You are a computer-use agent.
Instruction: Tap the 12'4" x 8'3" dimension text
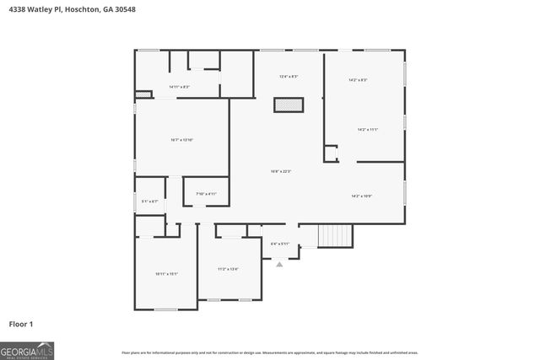[x=289, y=77]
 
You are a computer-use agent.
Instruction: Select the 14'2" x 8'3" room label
[x=358, y=80]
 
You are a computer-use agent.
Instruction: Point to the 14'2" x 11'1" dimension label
[x=367, y=129]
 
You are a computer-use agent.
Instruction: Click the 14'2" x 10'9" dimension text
[x=362, y=196]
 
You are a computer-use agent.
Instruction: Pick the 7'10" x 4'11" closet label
[x=207, y=194]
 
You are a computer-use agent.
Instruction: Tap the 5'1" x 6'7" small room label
[x=149, y=201]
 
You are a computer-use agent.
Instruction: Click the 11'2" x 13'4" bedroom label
[x=228, y=269]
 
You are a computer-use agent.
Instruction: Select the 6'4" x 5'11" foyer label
[x=280, y=244]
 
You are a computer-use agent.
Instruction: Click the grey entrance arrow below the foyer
[x=280, y=264]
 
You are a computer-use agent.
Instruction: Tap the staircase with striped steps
[x=335, y=235]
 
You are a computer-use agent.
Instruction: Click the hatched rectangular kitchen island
[x=288, y=105]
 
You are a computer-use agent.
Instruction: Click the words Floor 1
[x=21, y=324]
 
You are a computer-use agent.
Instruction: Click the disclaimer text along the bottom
[x=270, y=352]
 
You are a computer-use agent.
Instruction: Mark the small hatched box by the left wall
[x=143, y=94]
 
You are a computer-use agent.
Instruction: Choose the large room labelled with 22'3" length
[x=280, y=172]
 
